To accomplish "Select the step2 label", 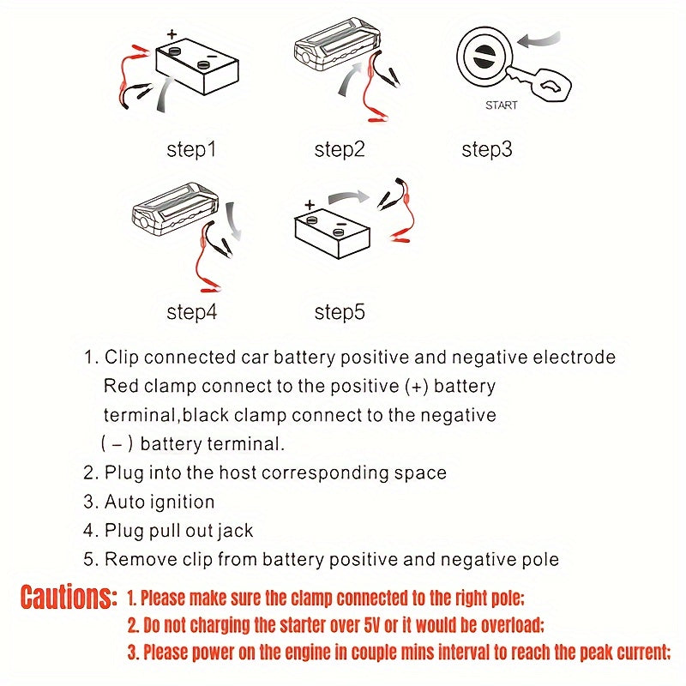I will coord(340,150).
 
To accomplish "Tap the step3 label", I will coord(486,150).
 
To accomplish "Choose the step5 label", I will coord(340,312).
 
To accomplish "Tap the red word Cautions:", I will coord(68,597).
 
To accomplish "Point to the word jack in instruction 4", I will coord(235,531).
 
